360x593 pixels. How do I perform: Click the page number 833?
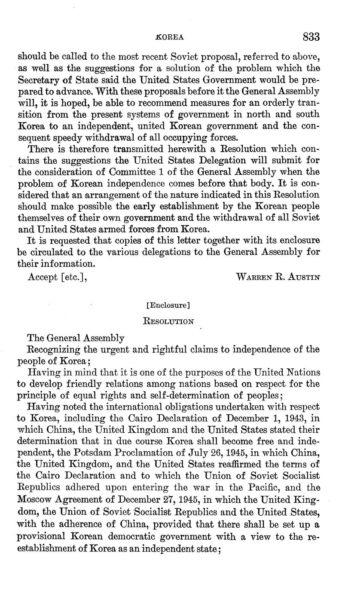(x=311, y=37)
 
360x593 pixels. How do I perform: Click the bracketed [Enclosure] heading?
(x=168, y=306)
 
